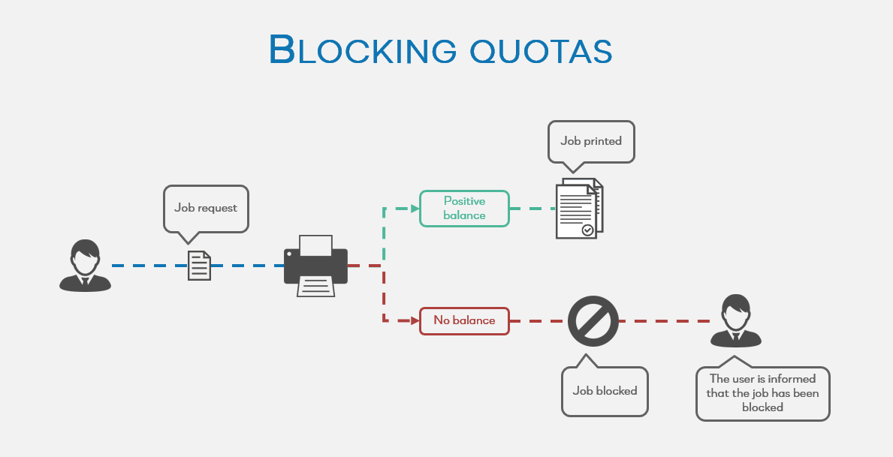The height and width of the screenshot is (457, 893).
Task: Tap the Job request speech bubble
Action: tap(206, 208)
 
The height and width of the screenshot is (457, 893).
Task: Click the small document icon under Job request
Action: tap(199, 266)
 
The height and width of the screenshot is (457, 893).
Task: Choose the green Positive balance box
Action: tap(464, 208)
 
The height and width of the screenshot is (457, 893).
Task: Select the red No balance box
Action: tap(464, 320)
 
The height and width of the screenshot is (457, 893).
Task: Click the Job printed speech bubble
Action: tap(591, 140)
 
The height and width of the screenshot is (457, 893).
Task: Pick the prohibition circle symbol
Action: tap(593, 320)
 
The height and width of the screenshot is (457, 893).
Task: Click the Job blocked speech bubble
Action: tap(605, 390)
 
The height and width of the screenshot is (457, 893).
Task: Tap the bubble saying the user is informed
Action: tap(762, 393)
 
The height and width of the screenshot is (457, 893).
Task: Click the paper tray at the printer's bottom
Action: tap(315, 286)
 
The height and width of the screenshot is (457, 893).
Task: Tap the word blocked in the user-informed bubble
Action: tap(762, 407)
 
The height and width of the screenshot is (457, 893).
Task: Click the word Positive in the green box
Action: tap(464, 201)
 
